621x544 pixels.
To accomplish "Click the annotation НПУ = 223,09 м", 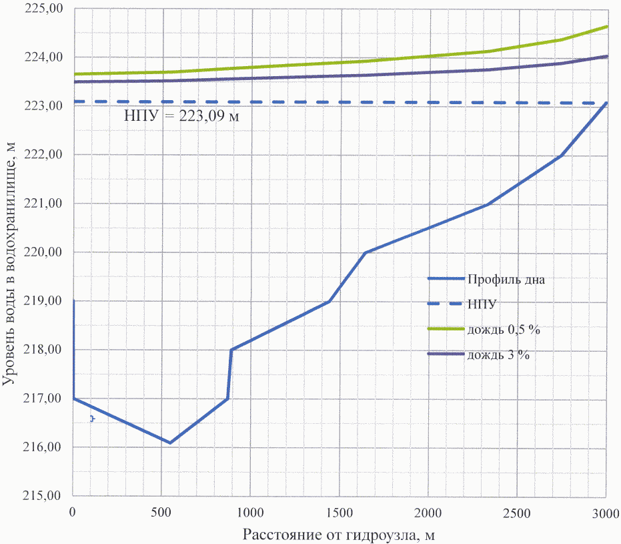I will point(182,115).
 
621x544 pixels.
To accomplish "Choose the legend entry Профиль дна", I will point(506,280).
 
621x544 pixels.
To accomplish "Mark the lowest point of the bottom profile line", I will point(170,443).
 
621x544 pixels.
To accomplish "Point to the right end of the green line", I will point(606,27).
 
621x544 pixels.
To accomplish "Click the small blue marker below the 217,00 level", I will point(92,419).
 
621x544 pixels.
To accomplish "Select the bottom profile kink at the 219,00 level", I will point(330,301).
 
